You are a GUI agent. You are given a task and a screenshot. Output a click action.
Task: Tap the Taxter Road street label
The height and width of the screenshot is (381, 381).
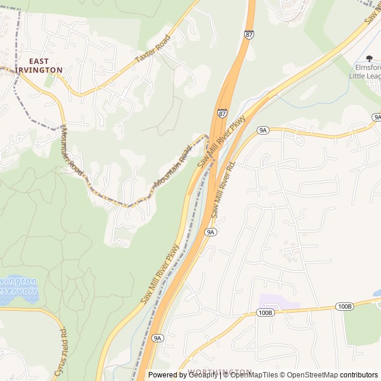coord(153,49)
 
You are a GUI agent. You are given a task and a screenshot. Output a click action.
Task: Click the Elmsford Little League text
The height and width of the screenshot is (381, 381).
coord(364,71)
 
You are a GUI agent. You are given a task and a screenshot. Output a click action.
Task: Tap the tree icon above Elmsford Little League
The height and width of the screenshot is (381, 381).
coord(369,58)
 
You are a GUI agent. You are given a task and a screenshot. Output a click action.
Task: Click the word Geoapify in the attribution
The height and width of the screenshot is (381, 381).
coord(204,375)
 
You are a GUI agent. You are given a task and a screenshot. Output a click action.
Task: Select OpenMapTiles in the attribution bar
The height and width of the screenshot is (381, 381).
coord(254,375)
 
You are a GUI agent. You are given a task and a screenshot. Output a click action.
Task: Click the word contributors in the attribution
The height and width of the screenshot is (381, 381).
coord(359,375)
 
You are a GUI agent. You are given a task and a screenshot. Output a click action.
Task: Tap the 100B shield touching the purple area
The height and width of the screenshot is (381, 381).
coord(266,313)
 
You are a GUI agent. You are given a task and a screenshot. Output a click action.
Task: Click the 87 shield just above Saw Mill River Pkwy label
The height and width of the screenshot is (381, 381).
coord(222,113)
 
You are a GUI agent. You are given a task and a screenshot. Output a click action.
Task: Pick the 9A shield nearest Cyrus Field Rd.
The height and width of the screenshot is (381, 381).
coord(157,338)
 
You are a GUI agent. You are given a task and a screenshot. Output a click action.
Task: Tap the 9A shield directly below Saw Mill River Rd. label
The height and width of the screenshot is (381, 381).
coord(210,232)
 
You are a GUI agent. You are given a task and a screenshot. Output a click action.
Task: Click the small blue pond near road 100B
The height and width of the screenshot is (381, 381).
coord(376,293)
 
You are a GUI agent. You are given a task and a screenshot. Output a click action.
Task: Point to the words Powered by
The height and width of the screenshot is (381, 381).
coord(168,375)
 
